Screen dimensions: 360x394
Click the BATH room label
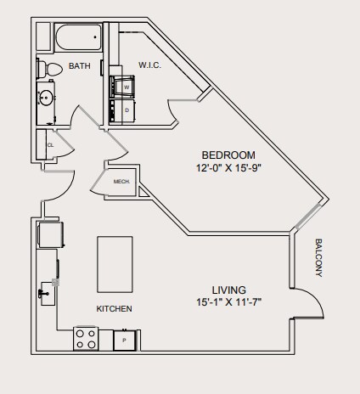coord(80,66)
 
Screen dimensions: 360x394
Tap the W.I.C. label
coord(149,65)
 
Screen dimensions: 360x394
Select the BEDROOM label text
coord(228,155)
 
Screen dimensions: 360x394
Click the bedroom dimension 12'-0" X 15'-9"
coord(228,168)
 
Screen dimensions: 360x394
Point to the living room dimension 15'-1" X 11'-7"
coord(228,302)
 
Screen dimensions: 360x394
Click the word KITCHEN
coord(114,309)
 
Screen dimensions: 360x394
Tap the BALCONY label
coord(318,258)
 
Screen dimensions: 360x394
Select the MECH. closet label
coord(121,182)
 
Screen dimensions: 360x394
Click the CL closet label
coord(50,145)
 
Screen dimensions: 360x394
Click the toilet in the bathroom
coord(49,69)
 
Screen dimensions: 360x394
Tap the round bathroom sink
coord(46,98)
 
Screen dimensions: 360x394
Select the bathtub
coord(78,37)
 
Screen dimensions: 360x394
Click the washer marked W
coord(122,87)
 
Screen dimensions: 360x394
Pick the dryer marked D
coord(122,110)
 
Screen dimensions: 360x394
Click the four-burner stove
coord(86,339)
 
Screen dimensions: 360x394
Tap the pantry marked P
coord(125,341)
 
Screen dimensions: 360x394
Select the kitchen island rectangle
coord(115,264)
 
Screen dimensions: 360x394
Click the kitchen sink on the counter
coord(48,294)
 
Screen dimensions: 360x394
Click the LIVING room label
coord(229,290)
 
